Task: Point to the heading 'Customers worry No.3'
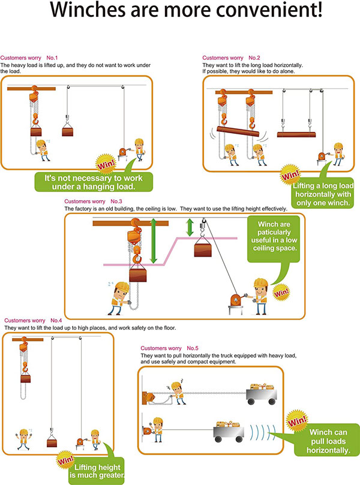point(93,201)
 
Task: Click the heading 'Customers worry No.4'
point(33,321)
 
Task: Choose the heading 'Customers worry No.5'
point(169,348)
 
